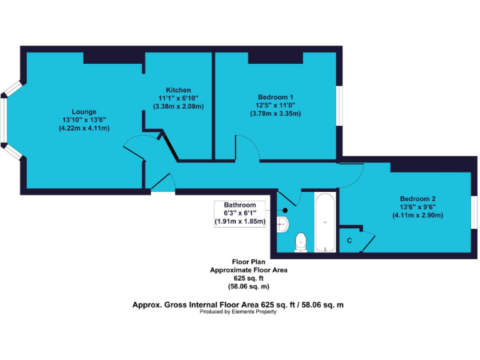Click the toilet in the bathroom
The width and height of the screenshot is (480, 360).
pos(301,241)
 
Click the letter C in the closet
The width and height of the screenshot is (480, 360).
pos(349,241)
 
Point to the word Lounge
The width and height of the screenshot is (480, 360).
pos(83,112)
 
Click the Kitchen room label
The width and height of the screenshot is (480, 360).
pos(178,90)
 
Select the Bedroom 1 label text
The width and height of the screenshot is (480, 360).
pos(276,97)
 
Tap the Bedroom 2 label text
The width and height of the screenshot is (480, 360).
pos(417,199)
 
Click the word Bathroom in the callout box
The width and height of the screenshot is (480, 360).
pos(241,205)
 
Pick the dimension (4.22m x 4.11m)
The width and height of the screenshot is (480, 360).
pos(84,128)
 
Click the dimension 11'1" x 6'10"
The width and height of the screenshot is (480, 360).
pos(178,98)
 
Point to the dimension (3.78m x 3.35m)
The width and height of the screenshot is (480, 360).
pos(276,113)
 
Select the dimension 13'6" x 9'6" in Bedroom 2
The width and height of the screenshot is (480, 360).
pos(417,207)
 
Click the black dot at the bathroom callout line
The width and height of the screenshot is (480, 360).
pos(285,211)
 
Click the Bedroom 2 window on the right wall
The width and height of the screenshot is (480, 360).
pos(475,211)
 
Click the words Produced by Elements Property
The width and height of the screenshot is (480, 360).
pos(238,312)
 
